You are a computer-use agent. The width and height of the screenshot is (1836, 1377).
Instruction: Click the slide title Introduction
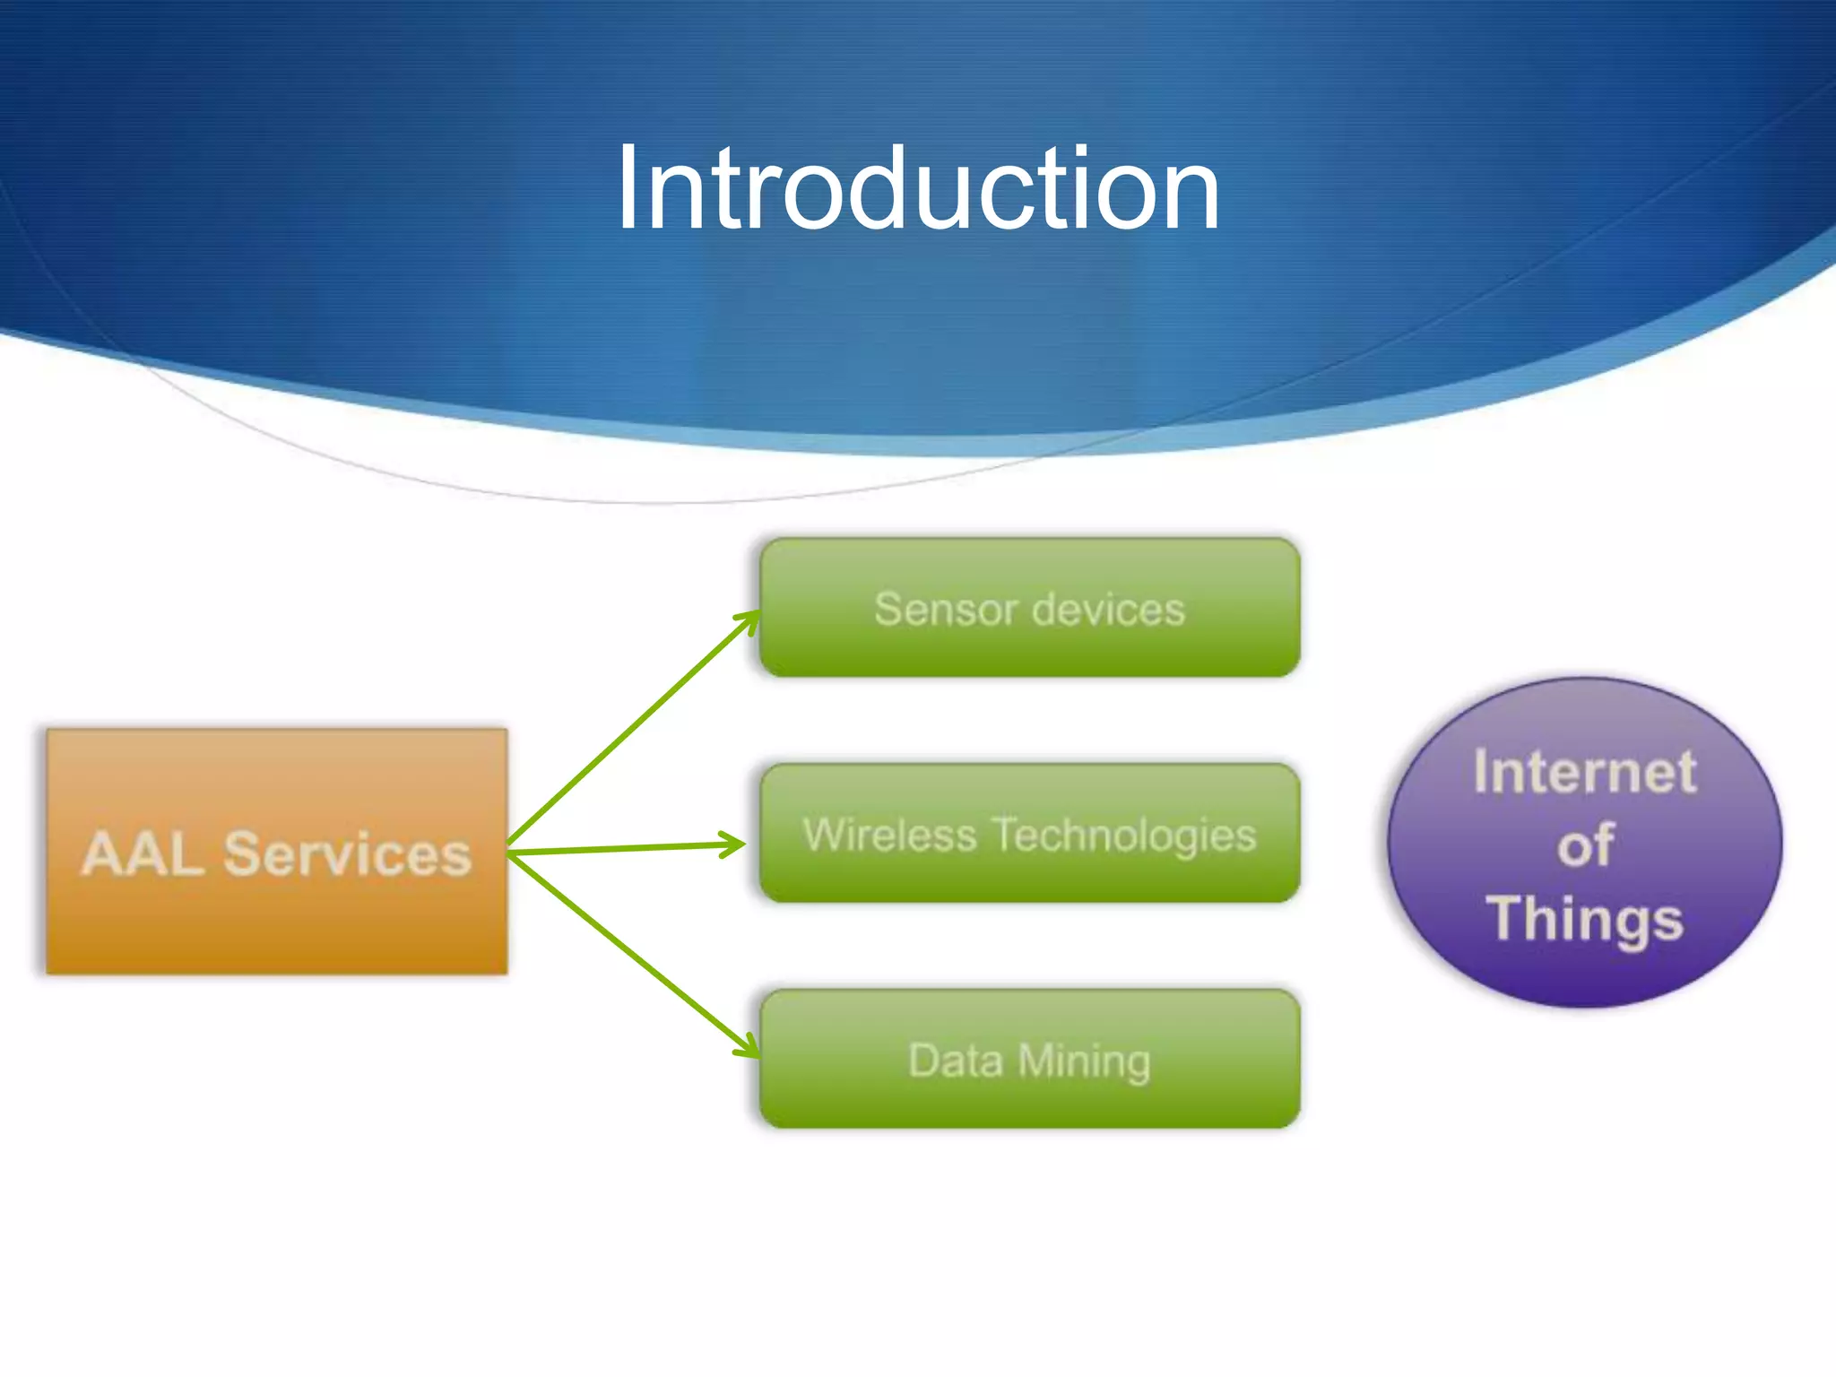(917, 188)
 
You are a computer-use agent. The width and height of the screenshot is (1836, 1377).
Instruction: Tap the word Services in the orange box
(348, 853)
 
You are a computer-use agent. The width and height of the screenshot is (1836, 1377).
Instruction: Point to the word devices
(1108, 610)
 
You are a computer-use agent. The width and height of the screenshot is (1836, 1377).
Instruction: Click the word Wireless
(889, 835)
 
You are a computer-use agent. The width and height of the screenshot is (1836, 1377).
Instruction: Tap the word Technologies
(1126, 835)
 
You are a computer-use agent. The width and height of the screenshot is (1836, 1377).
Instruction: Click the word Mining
(1084, 1061)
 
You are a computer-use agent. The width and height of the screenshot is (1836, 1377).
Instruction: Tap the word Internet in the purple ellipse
(1585, 772)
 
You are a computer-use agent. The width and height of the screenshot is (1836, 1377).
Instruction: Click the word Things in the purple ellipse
(1585, 919)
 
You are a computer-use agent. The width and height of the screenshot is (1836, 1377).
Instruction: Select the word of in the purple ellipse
(1585, 845)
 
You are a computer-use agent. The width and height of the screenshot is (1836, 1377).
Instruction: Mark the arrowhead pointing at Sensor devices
(749, 619)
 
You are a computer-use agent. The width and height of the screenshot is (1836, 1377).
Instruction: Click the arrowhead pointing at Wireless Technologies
(735, 844)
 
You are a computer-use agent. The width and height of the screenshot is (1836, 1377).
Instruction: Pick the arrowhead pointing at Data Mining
(749, 1048)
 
